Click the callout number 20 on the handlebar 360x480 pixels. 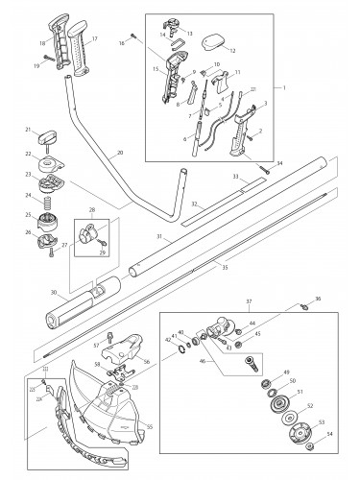click(119, 153)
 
